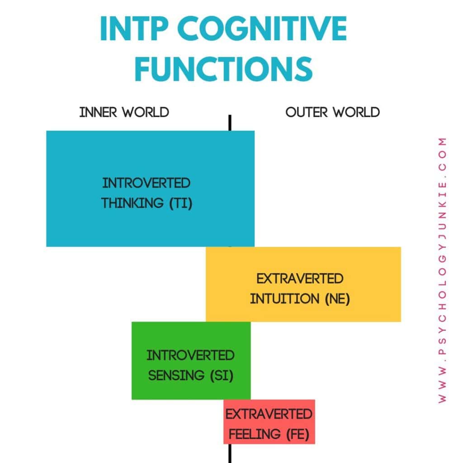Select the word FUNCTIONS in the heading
224,68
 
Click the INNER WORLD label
124,112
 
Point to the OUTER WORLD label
332,112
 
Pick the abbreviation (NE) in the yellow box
337,299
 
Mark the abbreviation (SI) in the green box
222,375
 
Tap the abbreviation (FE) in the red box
298,435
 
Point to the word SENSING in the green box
175,375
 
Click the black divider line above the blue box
230,123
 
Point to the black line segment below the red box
230,453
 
